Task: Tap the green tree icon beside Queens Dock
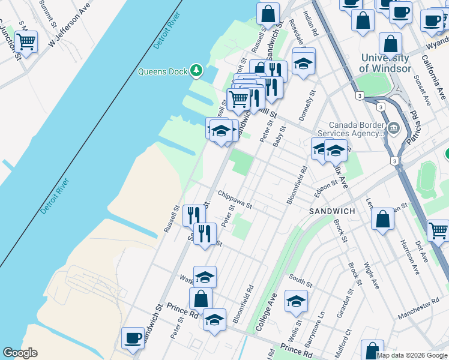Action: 196,71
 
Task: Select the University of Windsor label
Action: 385,63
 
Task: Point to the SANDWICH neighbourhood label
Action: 332,211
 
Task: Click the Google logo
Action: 20,353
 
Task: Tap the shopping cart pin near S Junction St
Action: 26,42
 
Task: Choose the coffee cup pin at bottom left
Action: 133,338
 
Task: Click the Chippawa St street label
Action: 235,199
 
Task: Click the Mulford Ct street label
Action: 348,340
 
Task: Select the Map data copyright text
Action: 411,355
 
